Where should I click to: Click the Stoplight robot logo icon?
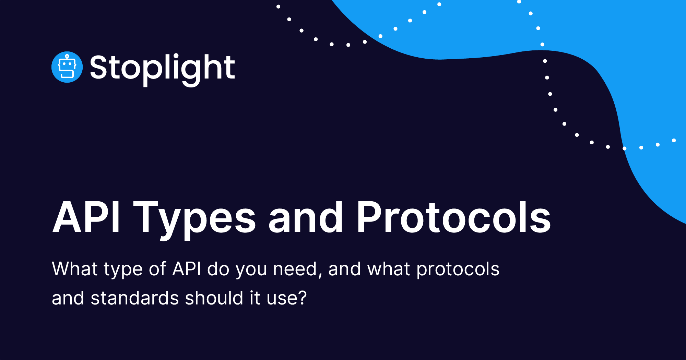pos(67,67)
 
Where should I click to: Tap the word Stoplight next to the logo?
pos(162,68)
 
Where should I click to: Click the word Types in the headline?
pos(194,218)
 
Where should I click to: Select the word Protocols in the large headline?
pos(453,218)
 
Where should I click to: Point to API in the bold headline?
pos(86,218)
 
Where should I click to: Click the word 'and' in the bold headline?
pos(306,218)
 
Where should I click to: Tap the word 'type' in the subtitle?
pos(123,269)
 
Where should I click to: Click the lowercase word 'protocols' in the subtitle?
pos(458,269)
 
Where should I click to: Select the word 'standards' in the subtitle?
pos(134,298)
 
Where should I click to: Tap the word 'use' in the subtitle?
pos(281,299)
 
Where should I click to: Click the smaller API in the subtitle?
pos(187,269)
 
